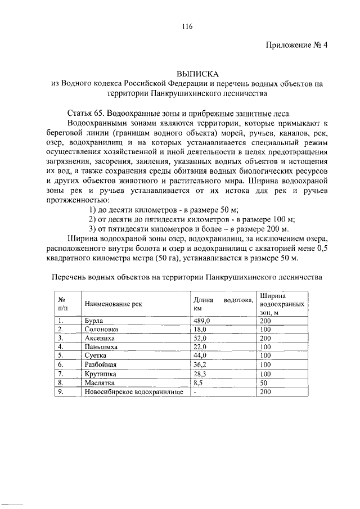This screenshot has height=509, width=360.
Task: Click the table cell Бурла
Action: coord(93,321)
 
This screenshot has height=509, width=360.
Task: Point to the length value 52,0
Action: coord(201,339)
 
